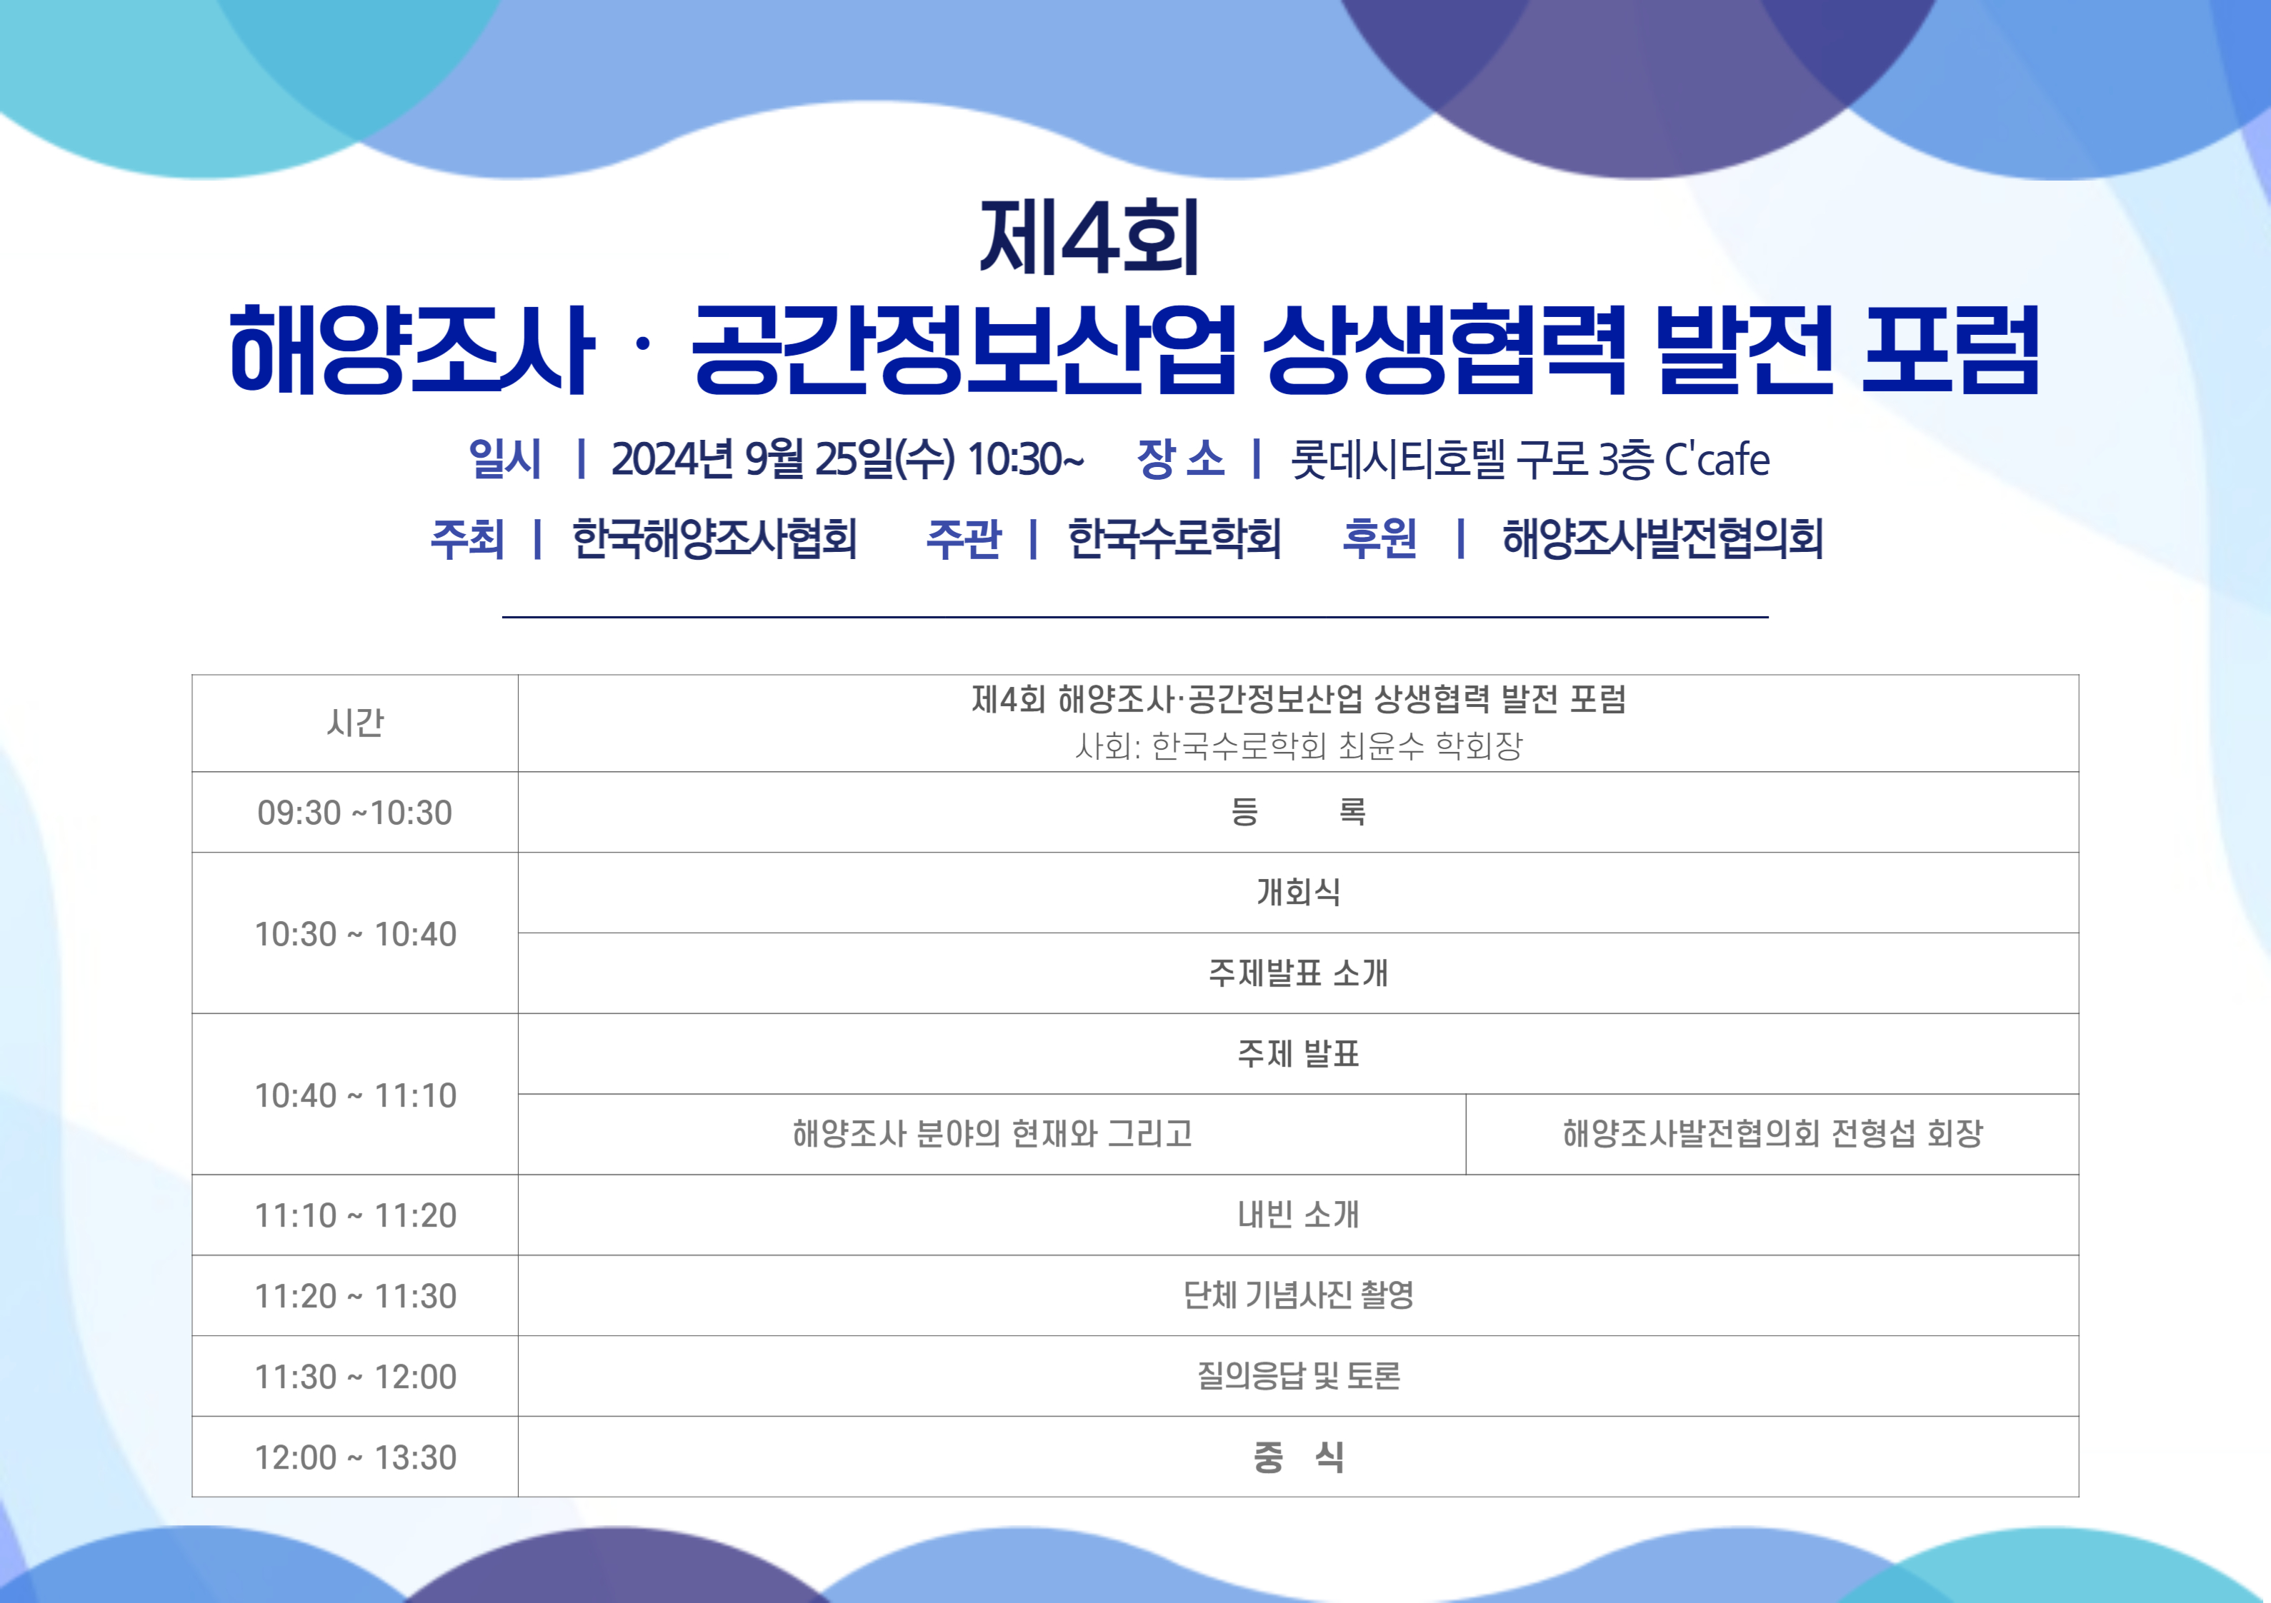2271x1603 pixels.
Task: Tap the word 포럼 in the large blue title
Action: pyautogui.click(x=1950, y=349)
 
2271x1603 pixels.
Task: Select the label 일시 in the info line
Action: pyautogui.click(x=504, y=459)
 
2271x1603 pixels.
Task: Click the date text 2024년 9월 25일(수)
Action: pyautogui.click(x=782, y=459)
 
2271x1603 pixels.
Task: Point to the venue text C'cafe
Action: pyautogui.click(x=1717, y=459)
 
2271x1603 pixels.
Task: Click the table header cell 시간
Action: pyautogui.click(x=355, y=723)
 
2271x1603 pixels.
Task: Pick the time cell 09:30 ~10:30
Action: pyautogui.click(x=355, y=813)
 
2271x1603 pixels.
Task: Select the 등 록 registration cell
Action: pyautogui.click(x=1298, y=812)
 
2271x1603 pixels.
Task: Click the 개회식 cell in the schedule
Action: pyautogui.click(x=1298, y=892)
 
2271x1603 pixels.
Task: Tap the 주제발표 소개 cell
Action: pyautogui.click(x=1298, y=973)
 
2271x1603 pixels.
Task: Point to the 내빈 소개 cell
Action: pyautogui.click(x=1298, y=1215)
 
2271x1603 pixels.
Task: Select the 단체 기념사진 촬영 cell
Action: pyautogui.click(x=1298, y=1295)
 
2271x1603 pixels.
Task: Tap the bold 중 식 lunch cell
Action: pyautogui.click(x=1298, y=1457)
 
